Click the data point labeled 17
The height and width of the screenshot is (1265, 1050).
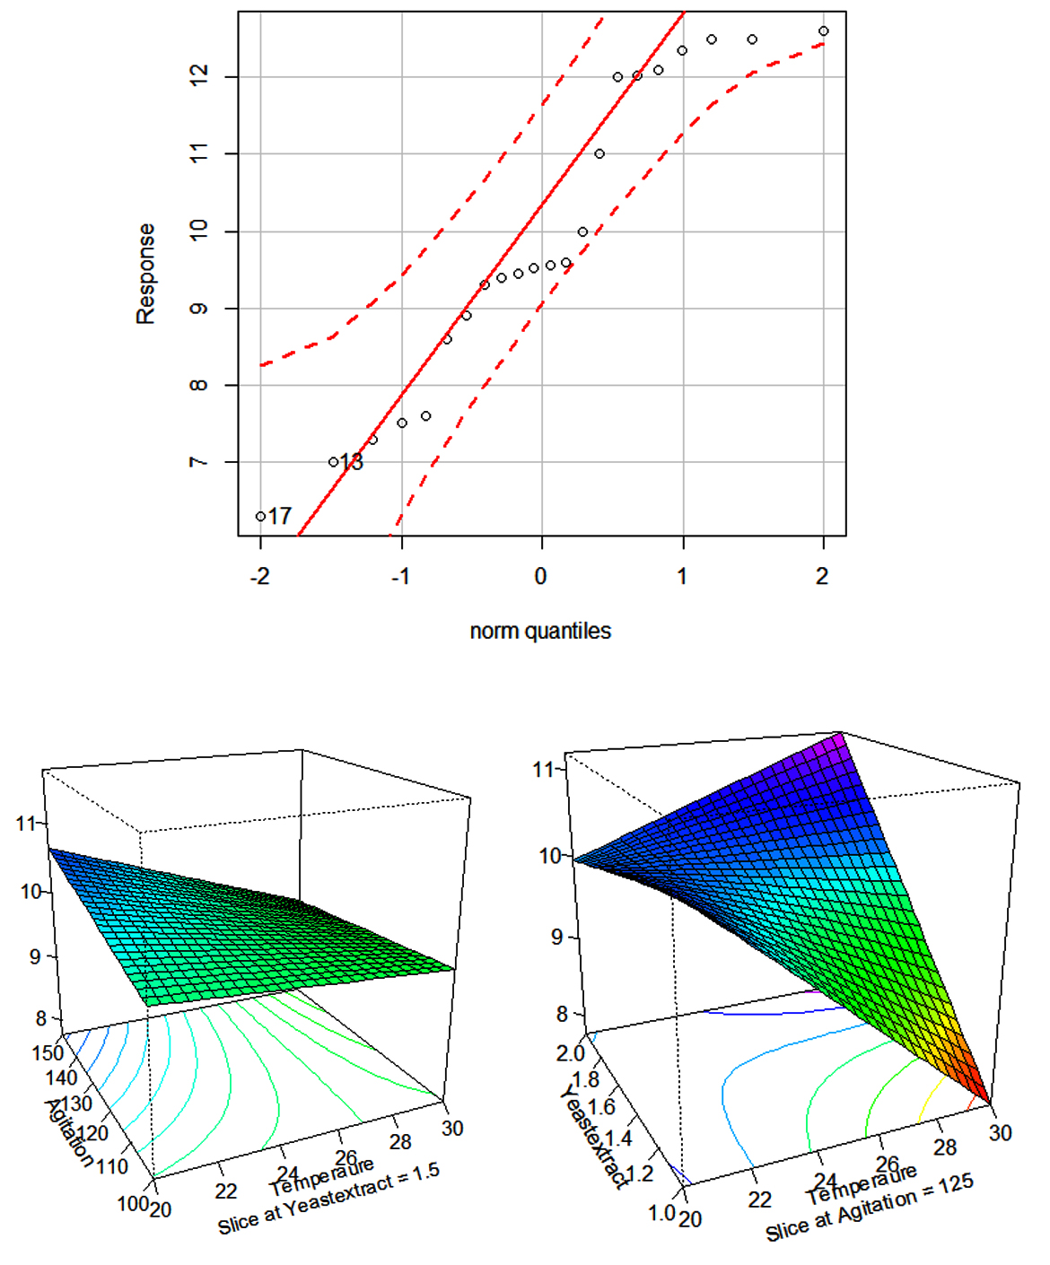260,517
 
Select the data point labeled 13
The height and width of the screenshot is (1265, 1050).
333,462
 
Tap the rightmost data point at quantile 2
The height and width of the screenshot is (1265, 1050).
824,31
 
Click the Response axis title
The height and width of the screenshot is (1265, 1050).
145,274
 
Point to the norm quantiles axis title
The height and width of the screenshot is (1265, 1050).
540,631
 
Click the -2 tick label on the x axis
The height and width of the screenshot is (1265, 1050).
259,576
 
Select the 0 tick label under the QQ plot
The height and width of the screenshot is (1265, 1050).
540,576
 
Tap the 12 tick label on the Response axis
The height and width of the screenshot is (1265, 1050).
199,76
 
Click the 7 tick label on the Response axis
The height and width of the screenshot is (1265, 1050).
199,462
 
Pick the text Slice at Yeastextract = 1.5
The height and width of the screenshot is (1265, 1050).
328,1198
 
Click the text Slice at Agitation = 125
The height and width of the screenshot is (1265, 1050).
869,1208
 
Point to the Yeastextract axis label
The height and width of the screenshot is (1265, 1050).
593,1136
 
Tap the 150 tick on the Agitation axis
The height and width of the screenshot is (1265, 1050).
48,1052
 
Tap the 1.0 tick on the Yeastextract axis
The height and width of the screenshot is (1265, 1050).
661,1212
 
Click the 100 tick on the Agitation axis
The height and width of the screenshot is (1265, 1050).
132,1203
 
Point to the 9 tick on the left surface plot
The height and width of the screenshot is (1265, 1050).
35,956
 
